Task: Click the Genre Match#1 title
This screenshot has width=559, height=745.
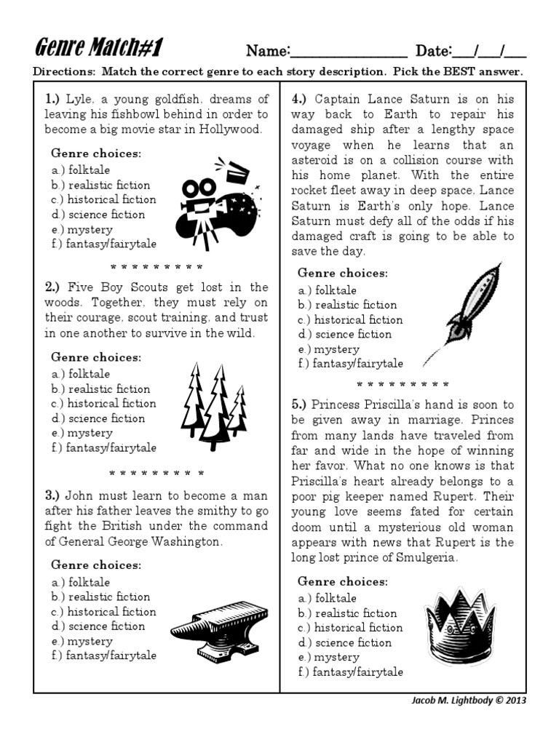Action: [98, 49]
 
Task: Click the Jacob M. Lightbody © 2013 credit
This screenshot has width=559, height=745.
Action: [467, 701]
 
